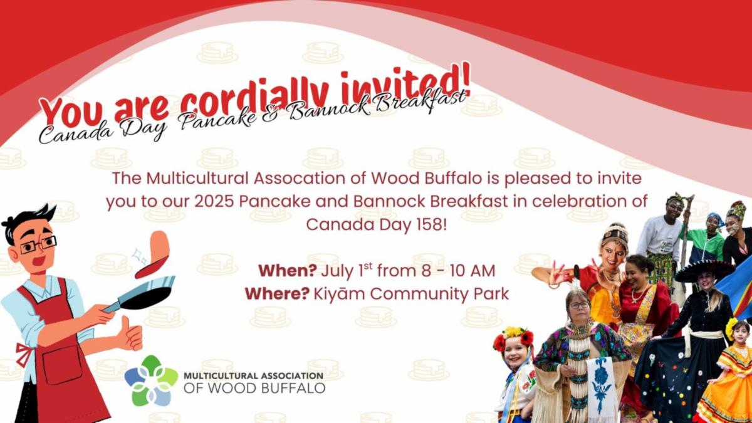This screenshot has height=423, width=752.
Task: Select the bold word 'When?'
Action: point(288,271)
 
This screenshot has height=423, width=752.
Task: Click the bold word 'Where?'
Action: point(277,294)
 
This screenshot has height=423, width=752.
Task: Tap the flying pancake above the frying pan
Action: point(153,254)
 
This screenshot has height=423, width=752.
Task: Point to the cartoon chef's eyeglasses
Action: point(38,245)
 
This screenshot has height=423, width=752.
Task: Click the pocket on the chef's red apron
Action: point(62,365)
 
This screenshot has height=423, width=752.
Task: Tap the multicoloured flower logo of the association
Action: point(151,380)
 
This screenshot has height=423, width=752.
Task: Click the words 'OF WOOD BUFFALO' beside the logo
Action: point(254,388)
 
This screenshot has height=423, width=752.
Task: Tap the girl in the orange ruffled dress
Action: point(728,373)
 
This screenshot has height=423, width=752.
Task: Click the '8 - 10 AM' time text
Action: point(458,271)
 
